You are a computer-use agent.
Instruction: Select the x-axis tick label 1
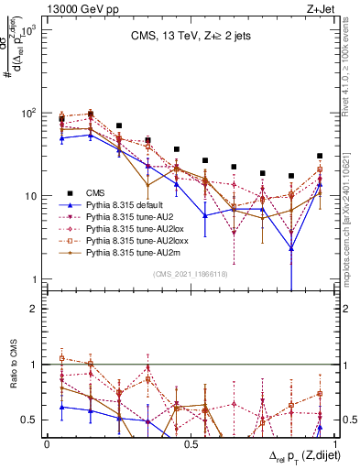(x=327, y=443)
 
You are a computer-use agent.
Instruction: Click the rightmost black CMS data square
(x=319, y=156)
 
